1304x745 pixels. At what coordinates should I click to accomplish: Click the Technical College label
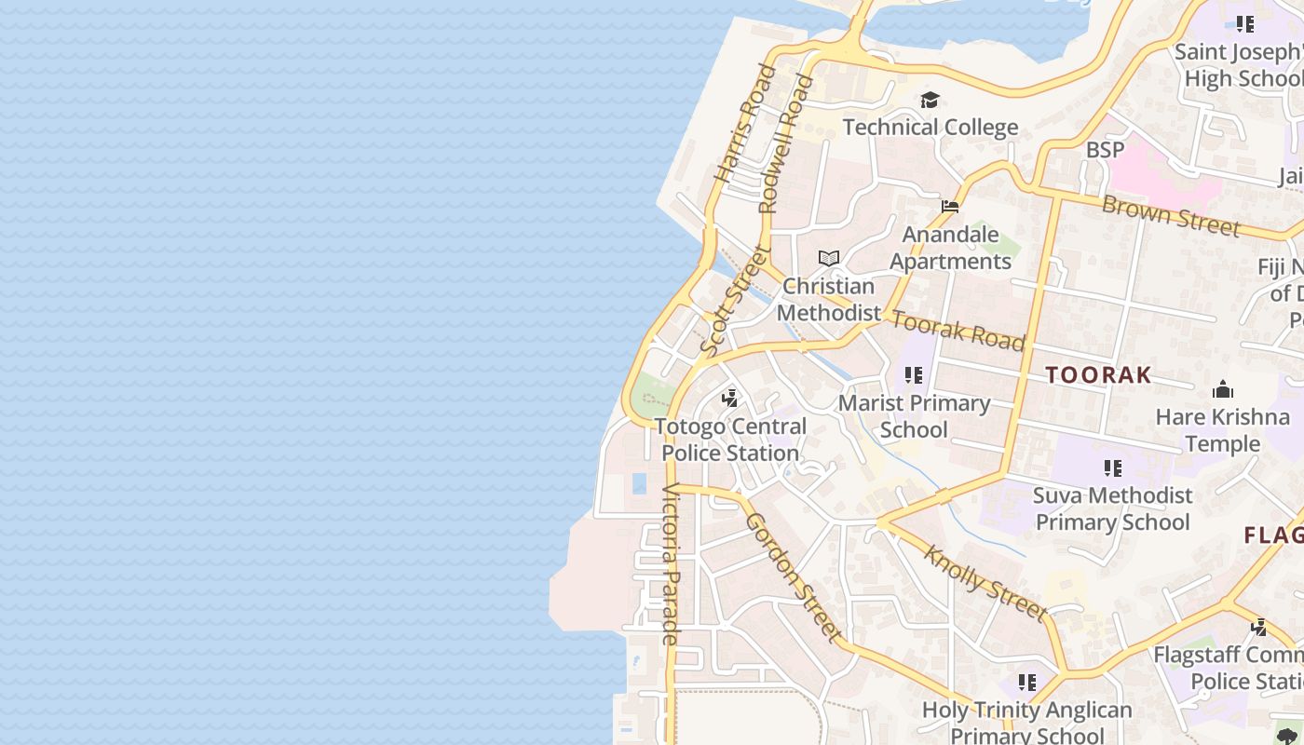point(930,127)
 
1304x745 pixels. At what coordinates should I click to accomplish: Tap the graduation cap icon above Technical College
point(930,100)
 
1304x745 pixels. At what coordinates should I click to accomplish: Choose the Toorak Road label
point(958,332)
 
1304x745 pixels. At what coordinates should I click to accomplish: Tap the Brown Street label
point(1170,216)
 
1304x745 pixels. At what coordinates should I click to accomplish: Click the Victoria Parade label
point(671,564)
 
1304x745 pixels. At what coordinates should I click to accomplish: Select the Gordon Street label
point(794,577)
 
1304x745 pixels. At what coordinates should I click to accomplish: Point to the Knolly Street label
point(985,583)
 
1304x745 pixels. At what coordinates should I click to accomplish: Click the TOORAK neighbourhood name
point(1098,375)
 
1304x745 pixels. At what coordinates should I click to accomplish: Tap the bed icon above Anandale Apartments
point(950,207)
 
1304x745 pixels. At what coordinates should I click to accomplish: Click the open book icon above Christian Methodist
point(828,258)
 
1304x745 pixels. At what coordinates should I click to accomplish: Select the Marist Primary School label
point(914,416)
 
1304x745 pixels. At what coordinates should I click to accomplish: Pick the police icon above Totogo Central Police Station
point(730,399)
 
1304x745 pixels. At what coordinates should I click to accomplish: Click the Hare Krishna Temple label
point(1222,429)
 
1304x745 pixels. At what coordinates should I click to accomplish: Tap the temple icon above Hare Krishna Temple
point(1222,389)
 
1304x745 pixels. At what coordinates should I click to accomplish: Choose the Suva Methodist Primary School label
point(1113,508)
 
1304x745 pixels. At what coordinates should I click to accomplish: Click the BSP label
point(1105,149)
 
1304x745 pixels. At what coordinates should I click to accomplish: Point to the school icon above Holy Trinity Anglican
point(1026,683)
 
